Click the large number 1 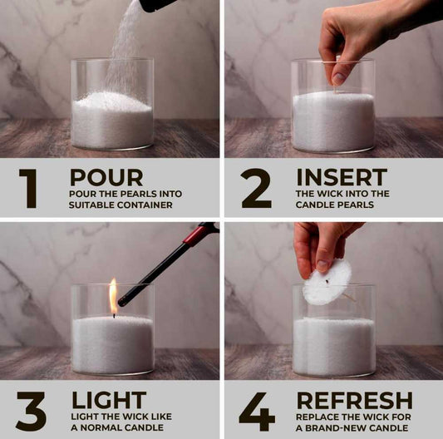pyautogui.click(x=29, y=189)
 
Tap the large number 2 pyautogui.click(x=257, y=188)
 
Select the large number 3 pyautogui.click(x=31, y=412)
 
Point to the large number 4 pyautogui.click(x=257, y=412)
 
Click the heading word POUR pyautogui.click(x=106, y=177)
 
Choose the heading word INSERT pyautogui.click(x=342, y=177)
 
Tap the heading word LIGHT pyautogui.click(x=109, y=400)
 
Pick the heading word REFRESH pyautogui.click(x=355, y=400)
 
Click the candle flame pyautogui.click(x=113, y=295)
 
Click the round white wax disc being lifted pyautogui.click(x=327, y=282)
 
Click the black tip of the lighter pyautogui.click(x=122, y=302)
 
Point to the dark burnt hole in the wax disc pyautogui.click(x=327, y=281)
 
